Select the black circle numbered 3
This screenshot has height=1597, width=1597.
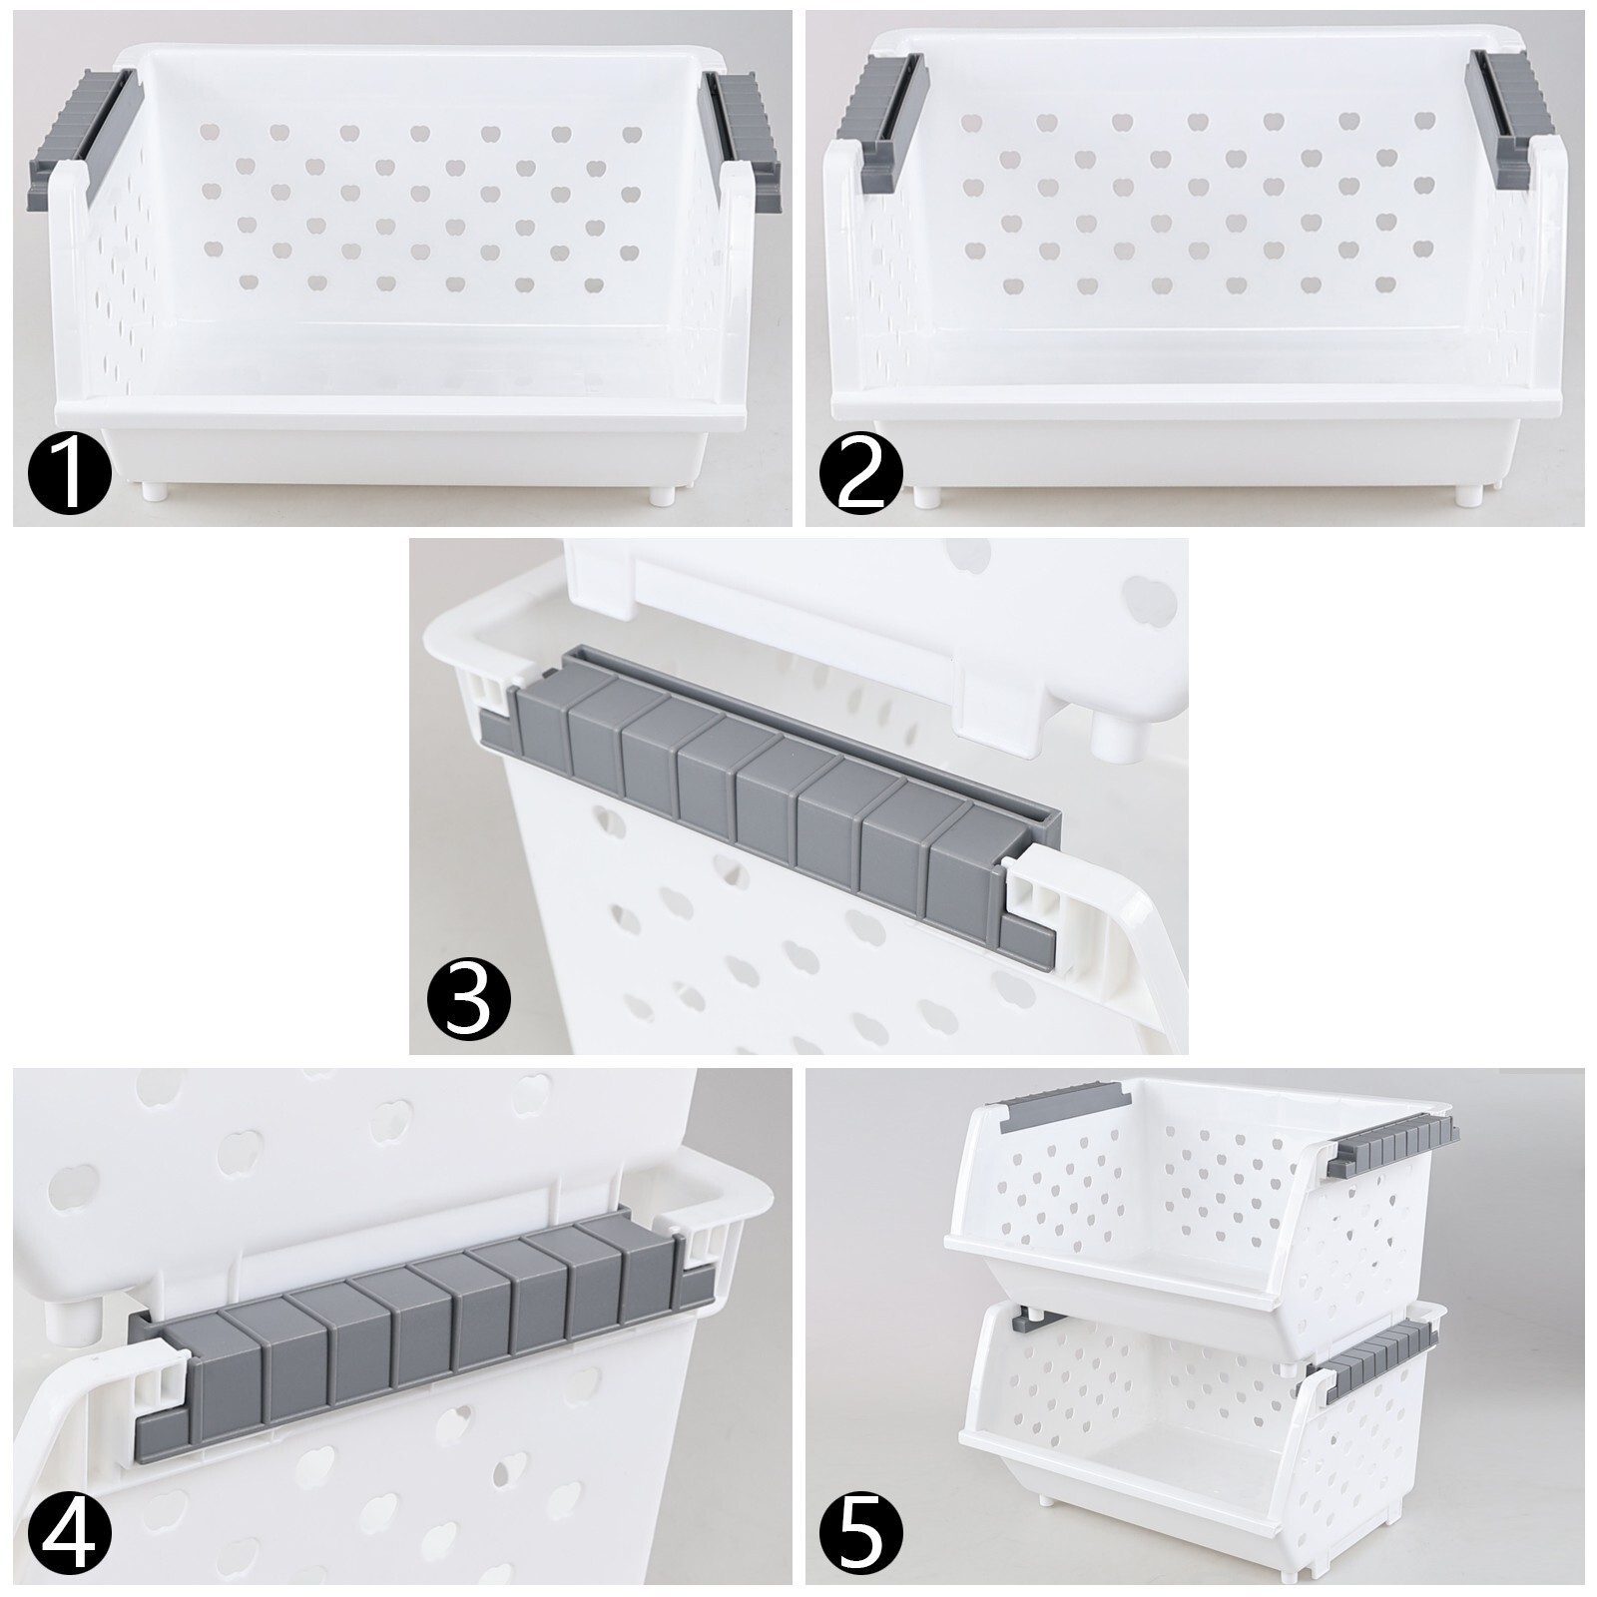[468, 1001]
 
